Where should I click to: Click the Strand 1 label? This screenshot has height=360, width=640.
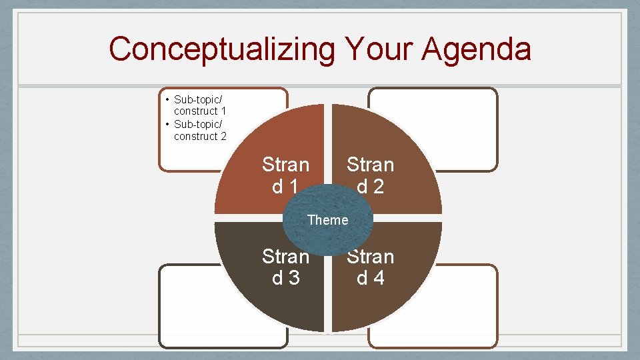point(285,175)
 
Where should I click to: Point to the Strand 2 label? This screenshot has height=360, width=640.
point(370,175)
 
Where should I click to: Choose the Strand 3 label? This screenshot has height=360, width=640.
point(285,267)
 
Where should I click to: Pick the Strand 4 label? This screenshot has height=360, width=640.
point(370,267)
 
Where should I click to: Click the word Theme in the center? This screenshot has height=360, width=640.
point(327,220)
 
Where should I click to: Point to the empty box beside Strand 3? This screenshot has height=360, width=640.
point(187,307)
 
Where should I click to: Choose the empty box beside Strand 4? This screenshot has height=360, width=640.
point(467,307)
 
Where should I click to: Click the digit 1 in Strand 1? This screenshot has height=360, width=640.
point(294,187)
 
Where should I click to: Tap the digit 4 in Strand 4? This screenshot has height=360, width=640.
point(379,278)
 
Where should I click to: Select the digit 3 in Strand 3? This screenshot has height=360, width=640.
point(294,278)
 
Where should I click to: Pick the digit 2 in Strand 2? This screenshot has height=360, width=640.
point(379,187)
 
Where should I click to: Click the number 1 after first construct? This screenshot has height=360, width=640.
point(223,111)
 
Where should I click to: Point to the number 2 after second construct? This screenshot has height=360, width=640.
point(223,137)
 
